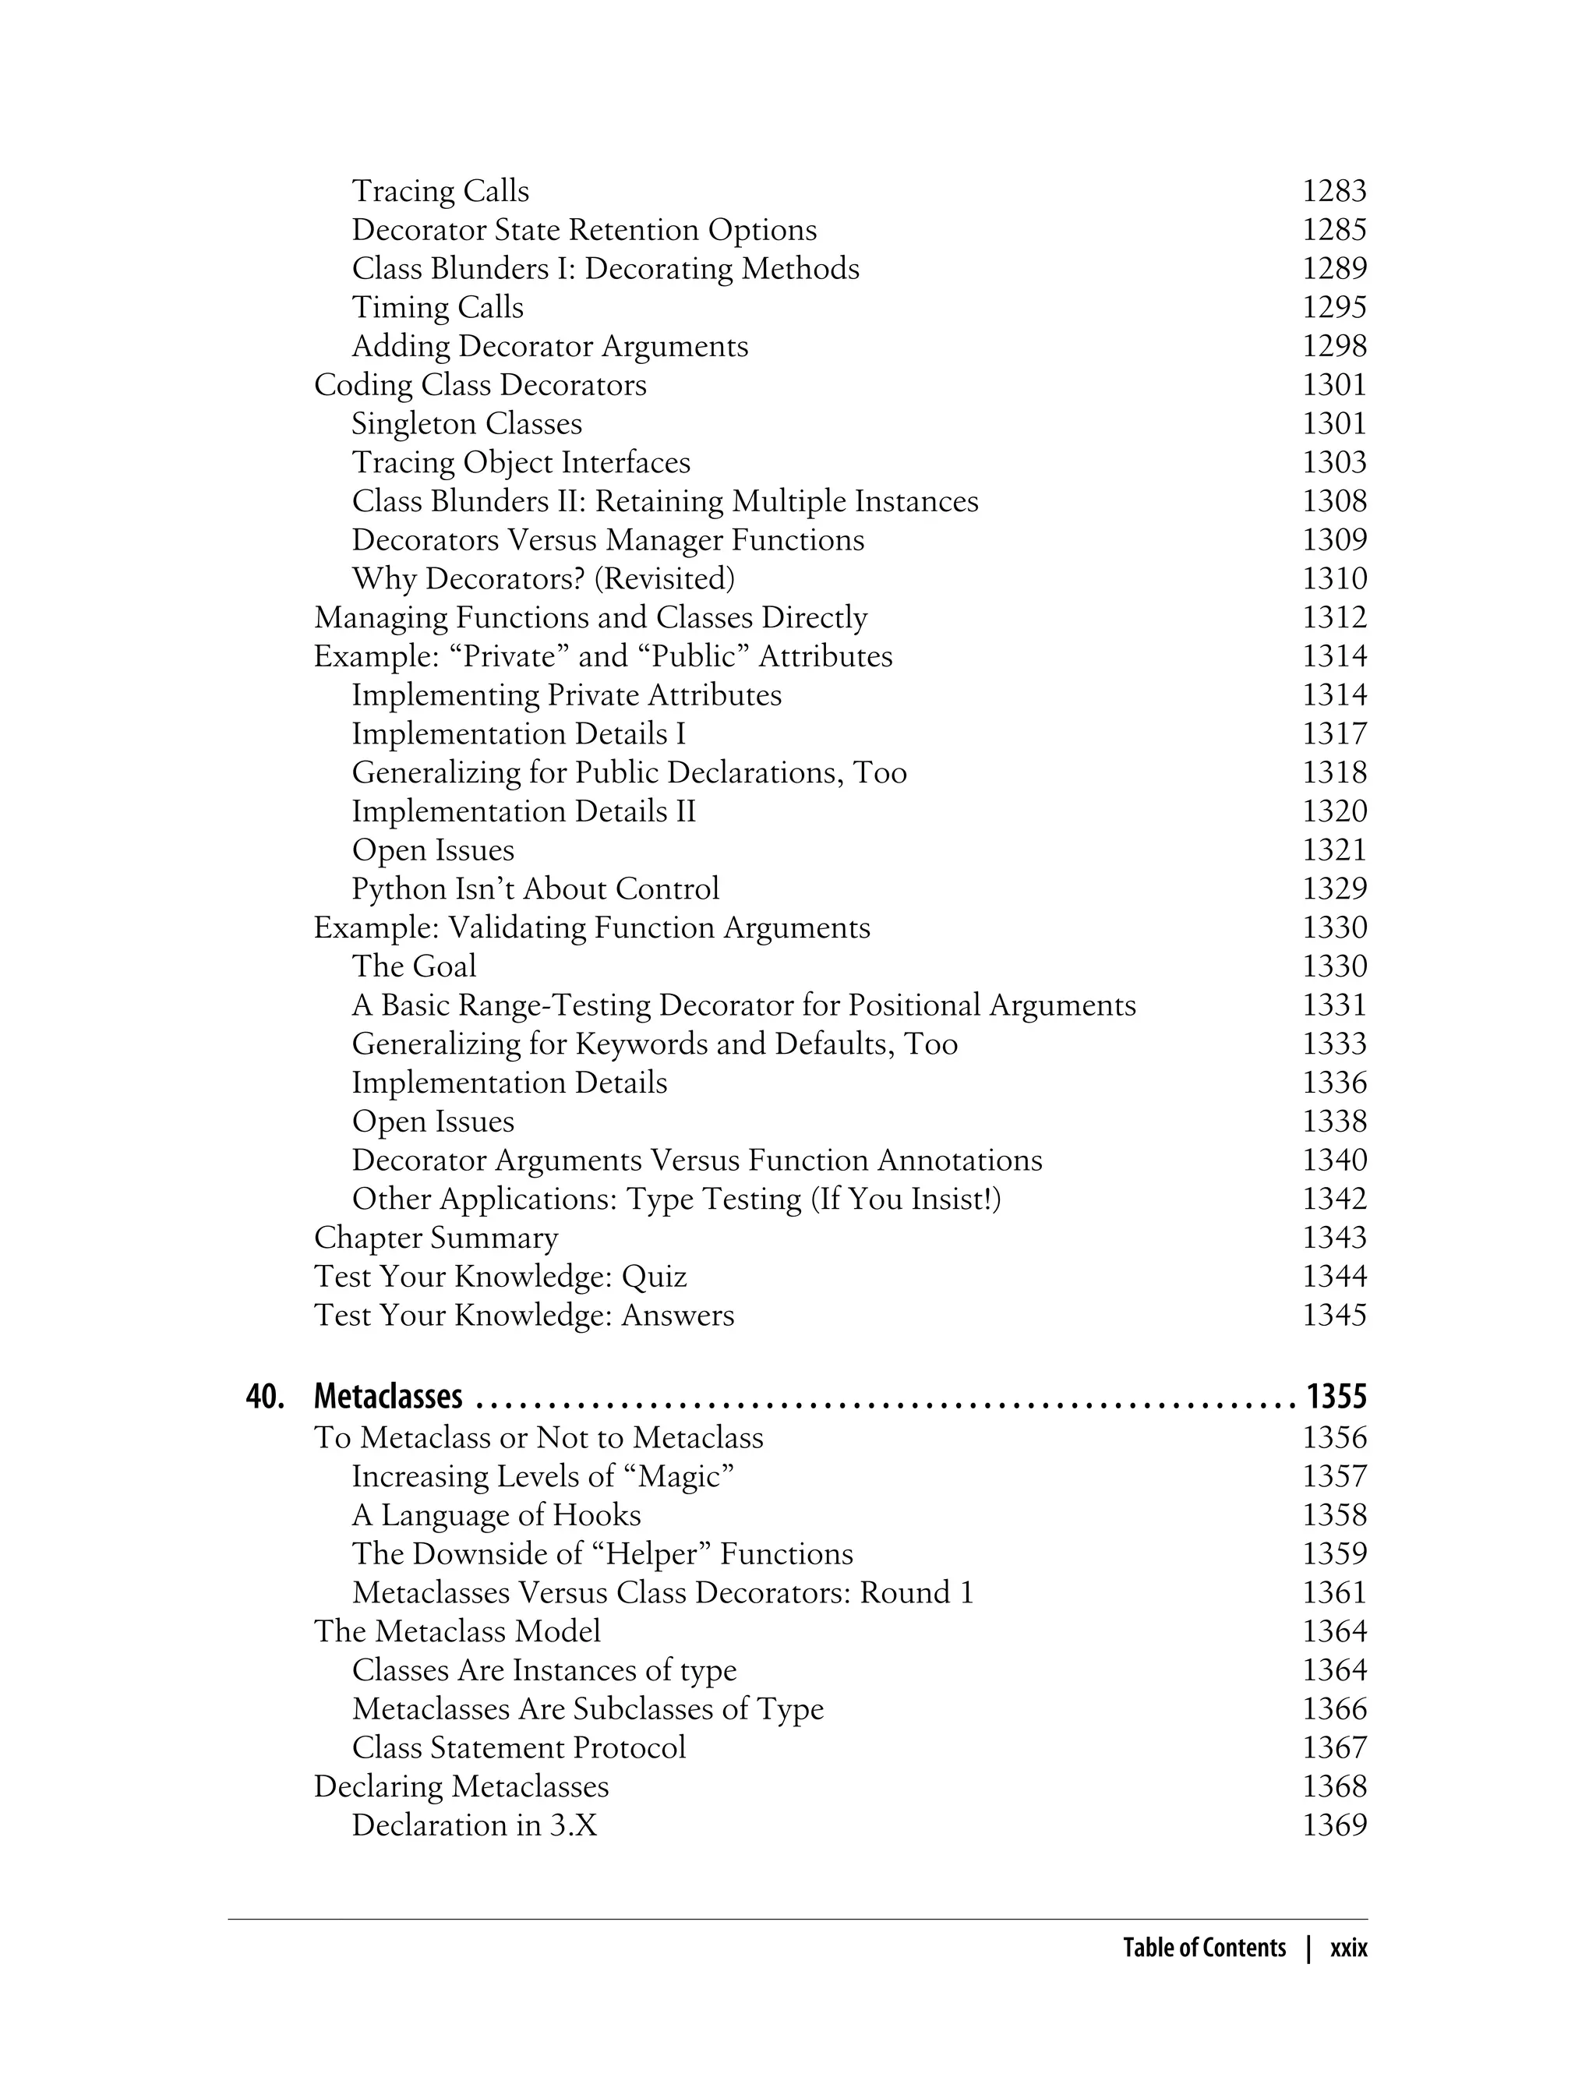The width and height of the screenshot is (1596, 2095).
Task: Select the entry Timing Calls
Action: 437,307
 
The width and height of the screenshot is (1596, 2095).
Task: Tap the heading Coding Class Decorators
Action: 480,385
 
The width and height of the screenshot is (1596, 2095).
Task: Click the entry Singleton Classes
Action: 467,424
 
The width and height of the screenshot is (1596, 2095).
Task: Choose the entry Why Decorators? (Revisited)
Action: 542,578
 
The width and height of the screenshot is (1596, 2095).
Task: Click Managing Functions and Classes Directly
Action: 590,617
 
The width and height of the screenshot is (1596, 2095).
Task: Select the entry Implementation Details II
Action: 524,811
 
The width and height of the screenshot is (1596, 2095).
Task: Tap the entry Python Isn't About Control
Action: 535,889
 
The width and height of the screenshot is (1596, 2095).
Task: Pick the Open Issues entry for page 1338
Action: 433,1121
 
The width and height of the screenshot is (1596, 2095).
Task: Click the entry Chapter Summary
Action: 436,1238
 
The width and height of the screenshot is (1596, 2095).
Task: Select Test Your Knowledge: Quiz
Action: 500,1276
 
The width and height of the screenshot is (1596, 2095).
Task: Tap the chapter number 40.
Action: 265,1396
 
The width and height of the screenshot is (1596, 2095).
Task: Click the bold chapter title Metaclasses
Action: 387,1396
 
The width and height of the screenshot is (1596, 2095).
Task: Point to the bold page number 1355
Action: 1336,1396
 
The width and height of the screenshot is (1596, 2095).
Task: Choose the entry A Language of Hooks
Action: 496,1514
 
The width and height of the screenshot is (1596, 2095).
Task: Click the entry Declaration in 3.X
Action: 474,1825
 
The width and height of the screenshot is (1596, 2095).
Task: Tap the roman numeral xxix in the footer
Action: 1348,1948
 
